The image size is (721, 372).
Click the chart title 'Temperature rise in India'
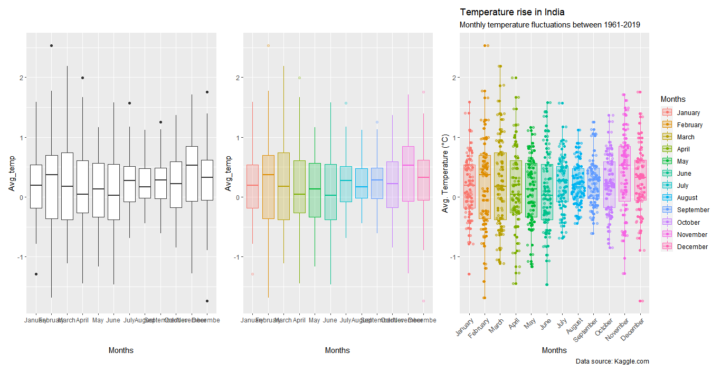pyautogui.click(x=513, y=12)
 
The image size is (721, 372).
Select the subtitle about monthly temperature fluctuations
pyautogui.click(x=550, y=25)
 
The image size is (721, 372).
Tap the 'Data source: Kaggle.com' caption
pyautogui.click(x=612, y=361)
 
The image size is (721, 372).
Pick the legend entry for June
pyautogui.click(x=684, y=174)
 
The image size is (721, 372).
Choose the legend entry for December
pyautogui.click(x=692, y=246)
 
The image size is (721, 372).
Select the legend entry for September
pyautogui.click(x=693, y=210)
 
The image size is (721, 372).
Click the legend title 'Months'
pyautogui.click(x=673, y=99)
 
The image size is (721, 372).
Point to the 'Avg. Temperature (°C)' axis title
pyautogui.click(x=445, y=173)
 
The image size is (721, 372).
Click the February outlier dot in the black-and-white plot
pyautogui.click(x=51, y=46)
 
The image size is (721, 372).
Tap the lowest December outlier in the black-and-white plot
pyautogui.click(x=207, y=301)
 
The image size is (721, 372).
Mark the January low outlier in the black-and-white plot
pyautogui.click(x=36, y=274)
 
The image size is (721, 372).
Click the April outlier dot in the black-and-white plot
pyautogui.click(x=82, y=78)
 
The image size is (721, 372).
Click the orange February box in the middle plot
pyautogui.click(x=268, y=187)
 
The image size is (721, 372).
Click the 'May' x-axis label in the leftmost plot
pyautogui.click(x=98, y=320)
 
